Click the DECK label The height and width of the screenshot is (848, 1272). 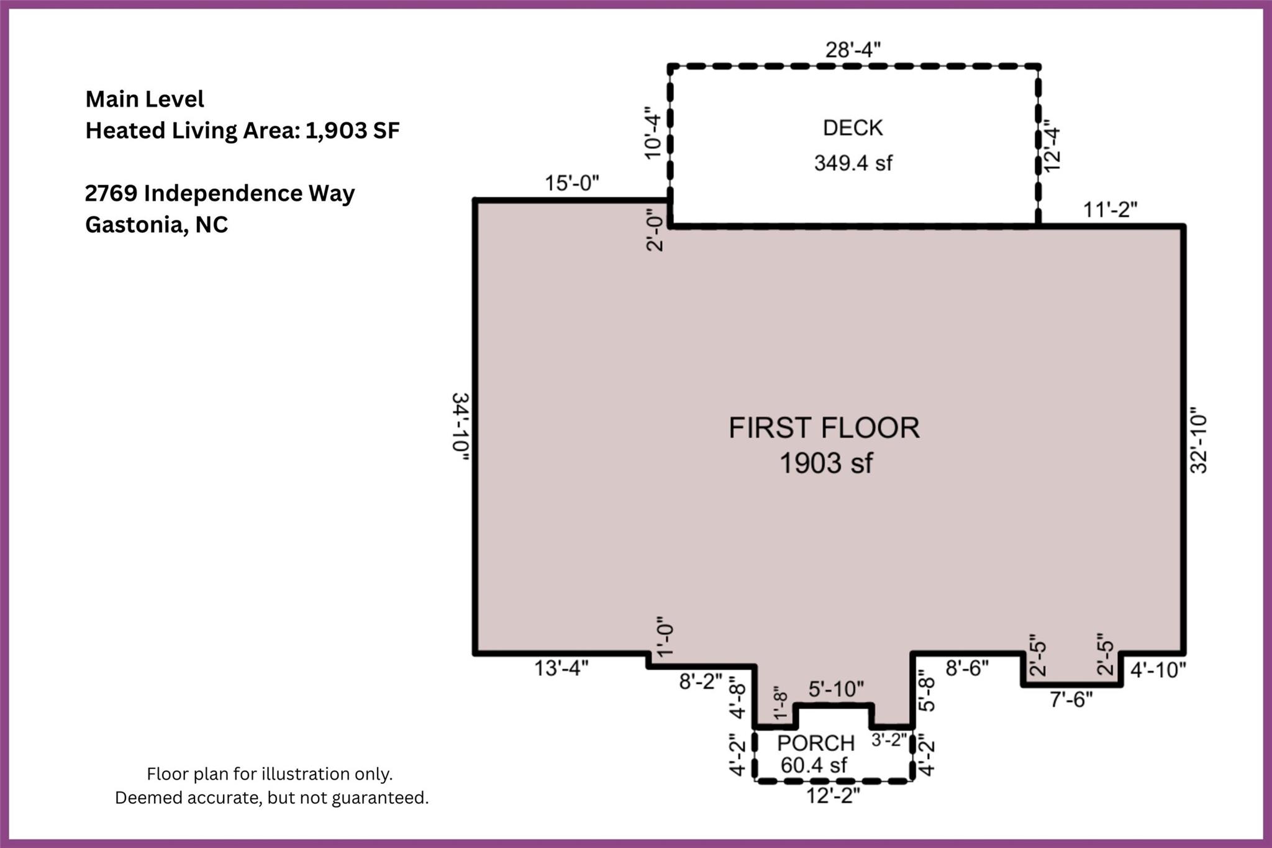point(853,128)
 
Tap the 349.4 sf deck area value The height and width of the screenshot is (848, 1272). point(853,163)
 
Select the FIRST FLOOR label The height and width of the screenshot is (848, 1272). point(824,428)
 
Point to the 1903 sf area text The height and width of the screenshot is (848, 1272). point(826,463)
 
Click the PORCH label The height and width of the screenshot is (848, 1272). point(816,743)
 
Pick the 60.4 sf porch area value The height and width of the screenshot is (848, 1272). point(814,765)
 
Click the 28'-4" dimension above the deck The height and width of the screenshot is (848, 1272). point(853,50)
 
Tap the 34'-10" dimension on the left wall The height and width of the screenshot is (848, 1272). point(460,427)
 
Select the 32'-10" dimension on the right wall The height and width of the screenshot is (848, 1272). point(1198,440)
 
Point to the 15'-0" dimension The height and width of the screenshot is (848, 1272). point(572,183)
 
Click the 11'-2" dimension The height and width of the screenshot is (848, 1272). point(1111,210)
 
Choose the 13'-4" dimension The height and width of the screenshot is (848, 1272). point(561,668)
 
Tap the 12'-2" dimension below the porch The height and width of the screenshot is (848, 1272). point(833,796)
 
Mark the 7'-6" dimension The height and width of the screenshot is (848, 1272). point(1071,700)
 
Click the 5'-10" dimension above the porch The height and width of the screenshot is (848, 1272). point(836,689)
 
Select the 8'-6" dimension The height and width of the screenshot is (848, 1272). point(967,668)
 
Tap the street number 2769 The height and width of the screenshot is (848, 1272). point(111,193)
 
